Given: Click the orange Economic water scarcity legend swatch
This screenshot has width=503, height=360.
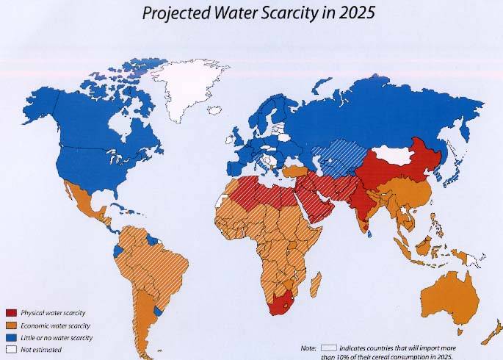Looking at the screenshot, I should click(10, 325).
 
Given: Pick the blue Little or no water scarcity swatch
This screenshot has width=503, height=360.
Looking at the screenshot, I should click(10, 337).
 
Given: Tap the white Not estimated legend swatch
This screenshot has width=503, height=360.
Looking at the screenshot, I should click(10, 350).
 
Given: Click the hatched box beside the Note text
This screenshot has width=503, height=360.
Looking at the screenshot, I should click(328, 345).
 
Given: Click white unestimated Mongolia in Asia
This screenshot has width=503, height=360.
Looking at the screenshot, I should click(389, 156).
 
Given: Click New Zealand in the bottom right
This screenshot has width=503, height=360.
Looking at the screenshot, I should click(493, 331).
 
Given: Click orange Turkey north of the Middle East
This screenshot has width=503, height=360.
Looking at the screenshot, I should click(294, 171).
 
